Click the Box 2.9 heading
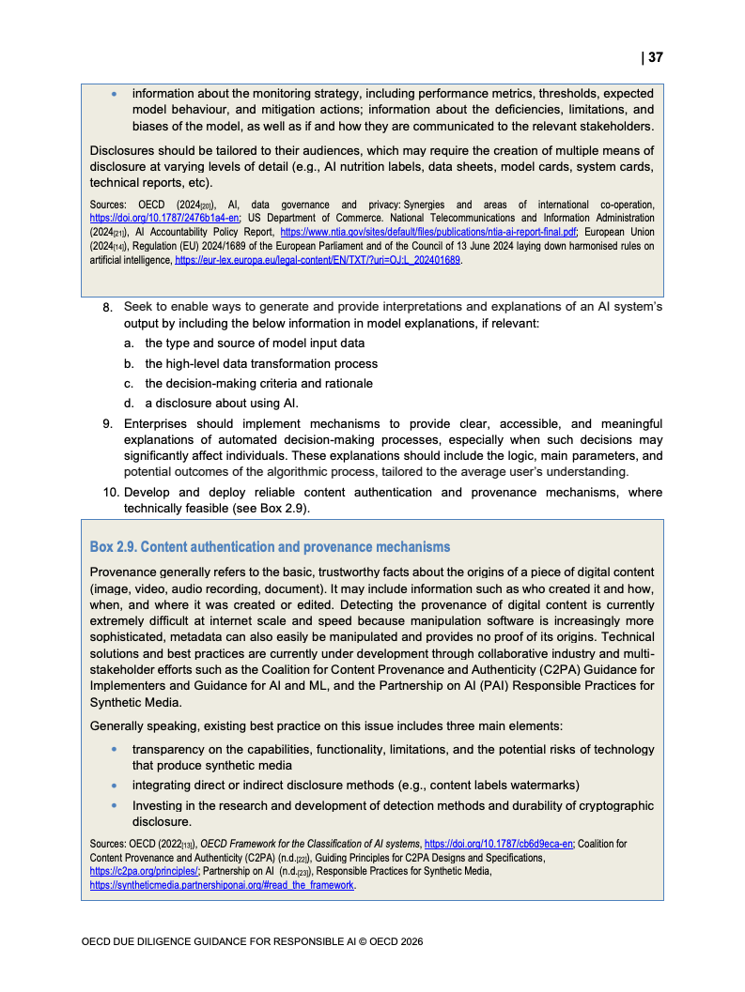click(x=270, y=547)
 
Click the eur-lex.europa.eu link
click(x=318, y=259)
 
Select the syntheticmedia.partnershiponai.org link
click(x=223, y=885)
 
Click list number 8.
click(x=107, y=308)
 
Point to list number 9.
click(x=107, y=425)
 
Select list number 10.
click(x=111, y=493)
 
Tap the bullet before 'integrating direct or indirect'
click(x=115, y=786)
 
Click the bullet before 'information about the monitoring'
click(x=115, y=95)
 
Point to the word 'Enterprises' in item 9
click(x=161, y=425)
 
